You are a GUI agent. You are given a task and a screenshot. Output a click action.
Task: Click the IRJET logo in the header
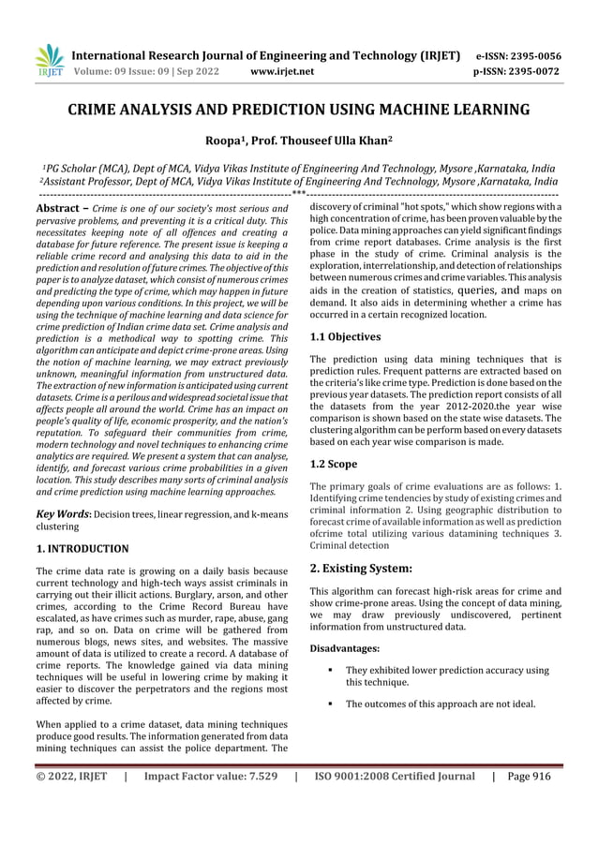coord(50,60)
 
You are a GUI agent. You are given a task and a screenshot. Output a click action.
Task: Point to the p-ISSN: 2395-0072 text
coord(518,71)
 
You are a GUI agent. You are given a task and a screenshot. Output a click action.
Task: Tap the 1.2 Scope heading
coord(336,463)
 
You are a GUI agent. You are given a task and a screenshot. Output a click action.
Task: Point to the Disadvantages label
coord(344,647)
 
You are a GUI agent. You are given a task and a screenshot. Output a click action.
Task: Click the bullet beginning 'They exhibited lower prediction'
coord(446,676)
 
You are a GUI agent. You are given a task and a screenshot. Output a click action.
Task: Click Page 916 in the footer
coord(529,776)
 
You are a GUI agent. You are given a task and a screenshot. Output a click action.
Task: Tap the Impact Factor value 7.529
coord(211,776)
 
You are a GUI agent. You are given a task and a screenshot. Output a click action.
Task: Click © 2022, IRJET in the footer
coord(71,776)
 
